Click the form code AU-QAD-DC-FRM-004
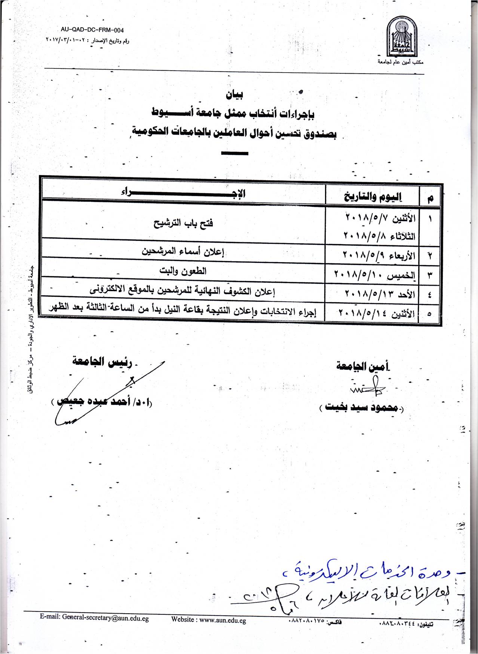(92, 30)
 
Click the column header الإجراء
(183, 193)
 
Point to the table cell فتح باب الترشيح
(183, 223)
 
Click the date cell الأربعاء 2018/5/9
(379, 255)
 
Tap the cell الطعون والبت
(183, 271)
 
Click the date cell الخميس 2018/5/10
(374, 275)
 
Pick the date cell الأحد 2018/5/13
(380, 294)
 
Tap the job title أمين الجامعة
(363, 366)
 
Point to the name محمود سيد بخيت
(361, 407)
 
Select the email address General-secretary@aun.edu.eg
(94, 618)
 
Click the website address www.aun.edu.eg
(209, 620)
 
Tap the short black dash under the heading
(235, 153)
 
